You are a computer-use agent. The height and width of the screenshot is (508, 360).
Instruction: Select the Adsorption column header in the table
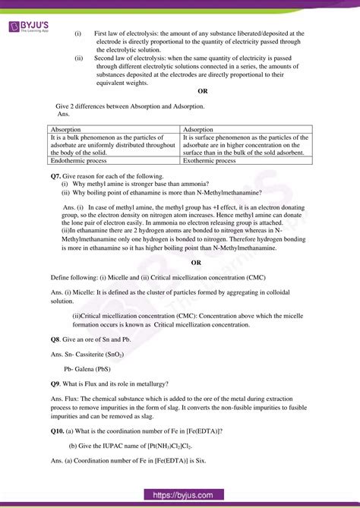(x=198, y=130)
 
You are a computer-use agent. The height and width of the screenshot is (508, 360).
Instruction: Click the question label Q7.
(x=55, y=175)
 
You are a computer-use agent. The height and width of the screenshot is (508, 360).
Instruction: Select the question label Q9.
(x=55, y=383)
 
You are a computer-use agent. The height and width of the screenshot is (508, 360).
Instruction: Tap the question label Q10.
(x=58, y=431)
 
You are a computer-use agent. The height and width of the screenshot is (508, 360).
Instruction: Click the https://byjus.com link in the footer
(x=180, y=495)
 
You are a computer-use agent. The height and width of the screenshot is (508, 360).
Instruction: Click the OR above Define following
(x=196, y=262)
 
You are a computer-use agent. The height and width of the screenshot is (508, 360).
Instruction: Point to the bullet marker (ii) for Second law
(x=79, y=58)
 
